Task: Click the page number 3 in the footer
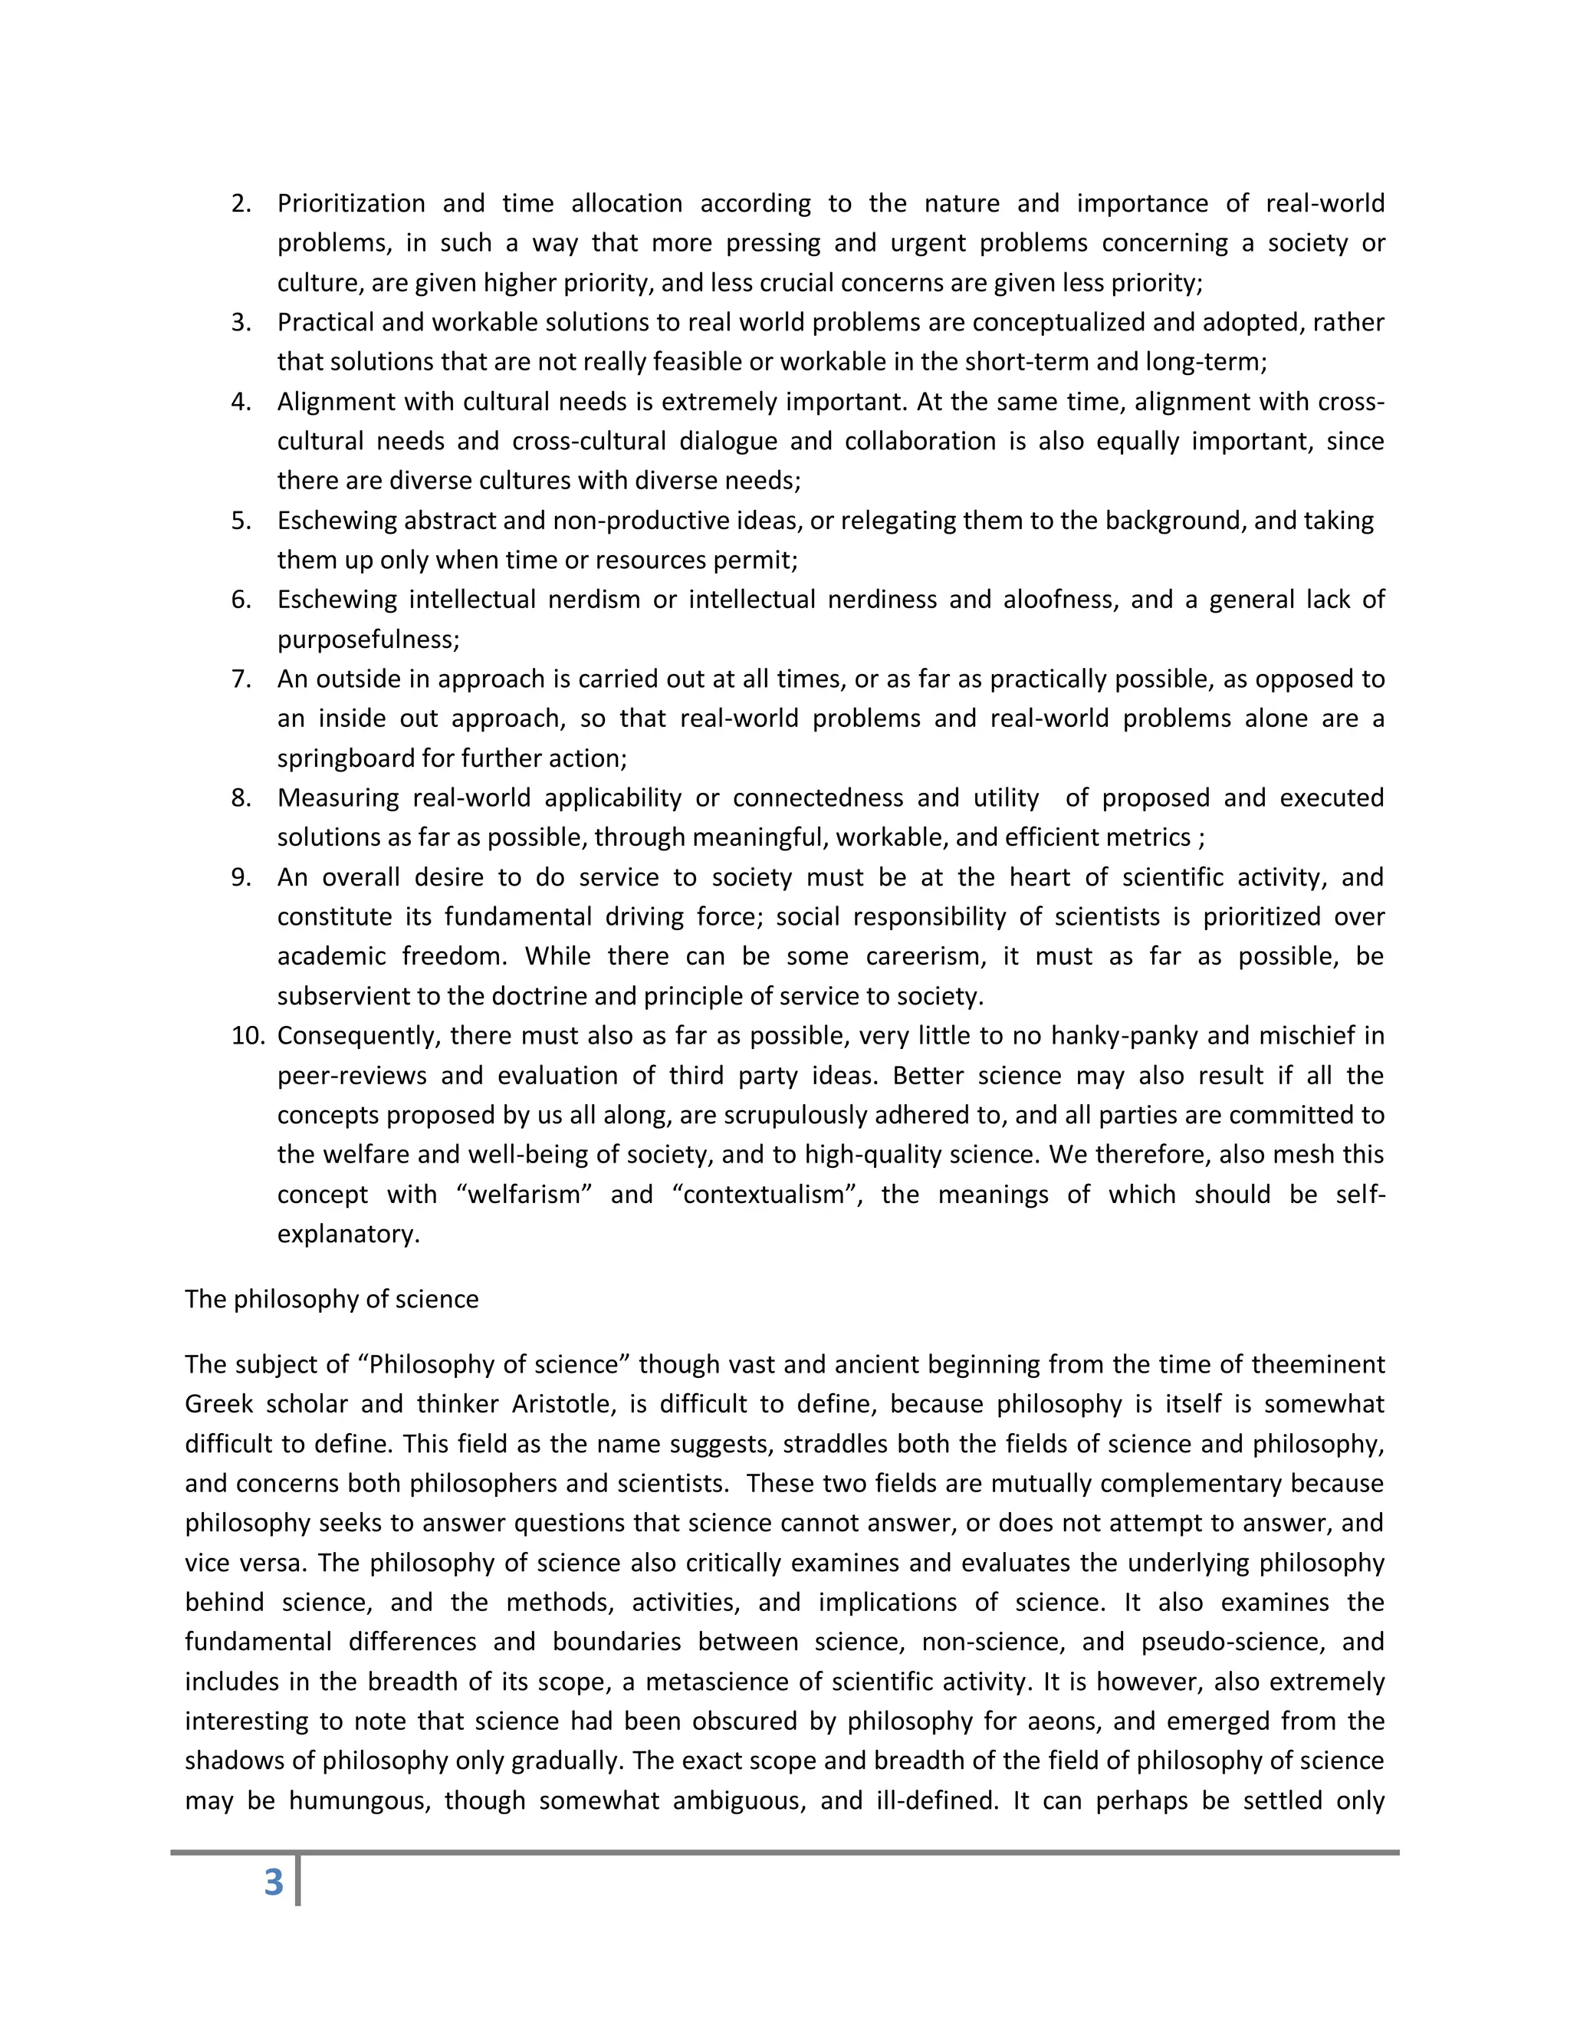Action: (x=274, y=1881)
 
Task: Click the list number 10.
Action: (x=248, y=1035)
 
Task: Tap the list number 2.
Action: (x=241, y=204)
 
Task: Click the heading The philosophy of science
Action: (x=331, y=1299)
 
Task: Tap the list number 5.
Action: (x=241, y=520)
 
